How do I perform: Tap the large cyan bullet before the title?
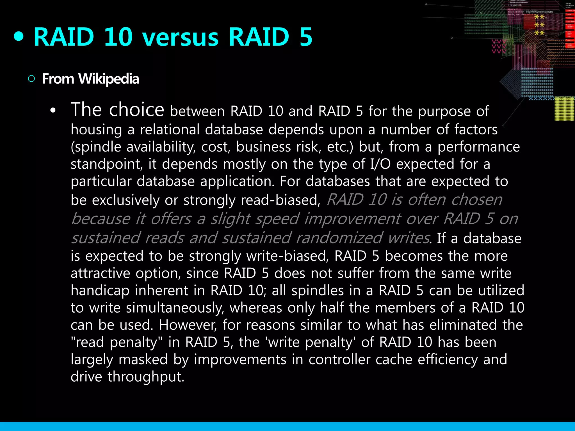[19, 36]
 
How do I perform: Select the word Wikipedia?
[109, 79]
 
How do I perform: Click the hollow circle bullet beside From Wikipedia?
[31, 79]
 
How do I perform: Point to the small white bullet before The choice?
[53, 111]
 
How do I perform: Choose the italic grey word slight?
[231, 219]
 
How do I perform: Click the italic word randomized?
[339, 238]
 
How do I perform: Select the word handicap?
[100, 290]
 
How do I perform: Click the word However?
[188, 325]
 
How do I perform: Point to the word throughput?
[146, 377]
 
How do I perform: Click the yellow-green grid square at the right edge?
[564, 109]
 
